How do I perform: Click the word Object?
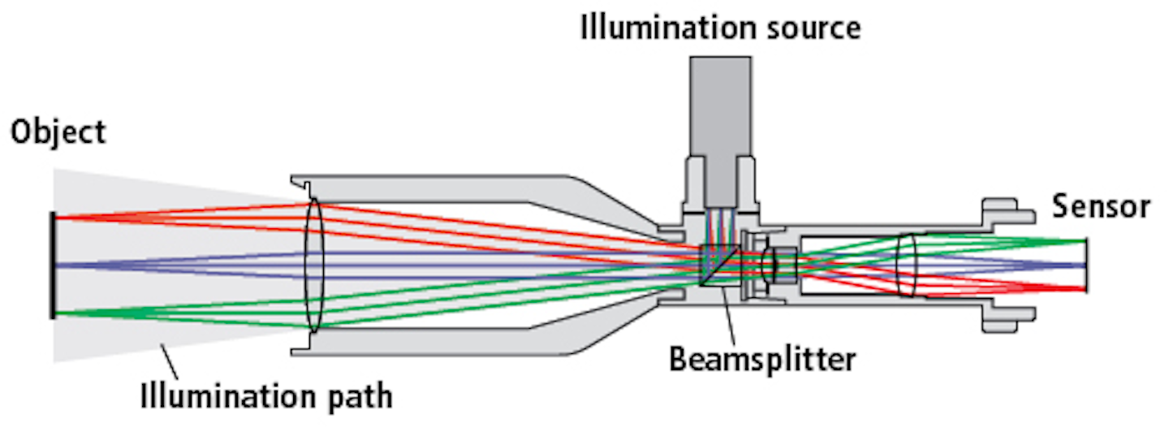(x=58, y=132)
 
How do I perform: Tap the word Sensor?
(x=1101, y=207)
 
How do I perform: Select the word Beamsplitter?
(x=762, y=358)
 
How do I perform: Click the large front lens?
(x=314, y=265)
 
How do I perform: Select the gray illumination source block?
(x=720, y=106)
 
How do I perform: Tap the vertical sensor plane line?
(x=1086, y=265)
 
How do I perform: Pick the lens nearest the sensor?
(x=907, y=265)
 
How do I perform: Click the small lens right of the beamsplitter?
(x=770, y=265)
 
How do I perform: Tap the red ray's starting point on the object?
(x=55, y=217)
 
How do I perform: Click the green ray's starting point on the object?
(x=55, y=313)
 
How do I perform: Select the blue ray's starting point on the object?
(x=55, y=265)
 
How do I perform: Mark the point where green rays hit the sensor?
(x=1085, y=240)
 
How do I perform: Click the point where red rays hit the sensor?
(x=1085, y=289)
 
